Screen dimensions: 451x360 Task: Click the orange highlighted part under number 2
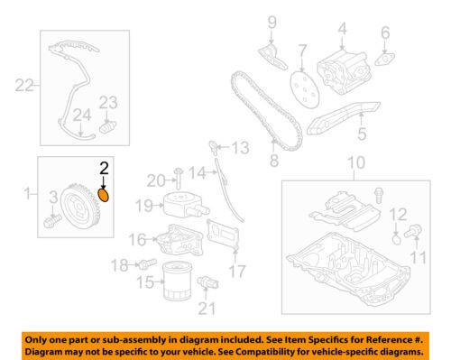tap(104, 195)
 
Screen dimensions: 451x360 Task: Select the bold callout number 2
tap(104, 168)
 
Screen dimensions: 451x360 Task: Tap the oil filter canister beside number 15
tap(175, 281)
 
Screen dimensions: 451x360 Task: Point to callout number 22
tap(24, 85)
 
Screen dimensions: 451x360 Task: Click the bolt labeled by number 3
tap(52, 220)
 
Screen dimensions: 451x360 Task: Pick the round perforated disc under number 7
tap(304, 88)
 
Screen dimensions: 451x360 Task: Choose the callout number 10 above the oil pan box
tap(356, 162)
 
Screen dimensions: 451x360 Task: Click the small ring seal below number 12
tap(397, 240)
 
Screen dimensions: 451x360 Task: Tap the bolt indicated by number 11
tap(413, 232)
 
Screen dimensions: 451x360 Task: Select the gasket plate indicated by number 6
tap(384, 59)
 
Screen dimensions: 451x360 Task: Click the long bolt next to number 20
tap(179, 180)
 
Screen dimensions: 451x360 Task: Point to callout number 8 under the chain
tap(274, 161)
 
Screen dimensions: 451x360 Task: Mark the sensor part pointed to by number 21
tap(207, 282)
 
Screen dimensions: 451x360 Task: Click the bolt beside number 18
tap(147, 263)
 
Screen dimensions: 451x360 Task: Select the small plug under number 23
tap(107, 127)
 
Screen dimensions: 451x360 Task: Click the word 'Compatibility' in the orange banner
tap(287, 352)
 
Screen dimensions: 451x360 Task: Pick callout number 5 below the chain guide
tap(362, 134)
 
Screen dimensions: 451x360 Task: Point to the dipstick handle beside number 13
tap(214, 147)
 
